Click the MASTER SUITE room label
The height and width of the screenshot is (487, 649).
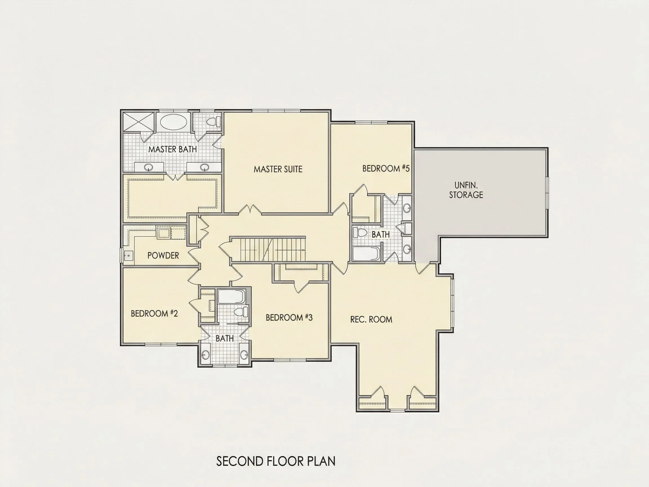278,169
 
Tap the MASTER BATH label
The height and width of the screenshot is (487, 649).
172,149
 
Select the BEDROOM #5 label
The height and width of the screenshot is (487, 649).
386,168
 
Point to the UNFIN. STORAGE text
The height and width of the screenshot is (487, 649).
466,190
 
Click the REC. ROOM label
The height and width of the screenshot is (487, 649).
371,319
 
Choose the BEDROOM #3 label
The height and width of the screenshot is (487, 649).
289,317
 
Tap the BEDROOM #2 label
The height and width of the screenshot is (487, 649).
154,313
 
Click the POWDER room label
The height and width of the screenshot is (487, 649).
163,255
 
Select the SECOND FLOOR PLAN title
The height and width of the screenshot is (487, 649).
276,461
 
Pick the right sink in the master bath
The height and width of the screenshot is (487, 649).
204,168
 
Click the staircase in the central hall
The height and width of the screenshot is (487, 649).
268,249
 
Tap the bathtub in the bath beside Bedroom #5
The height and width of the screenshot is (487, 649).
367,254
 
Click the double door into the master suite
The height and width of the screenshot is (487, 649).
250,209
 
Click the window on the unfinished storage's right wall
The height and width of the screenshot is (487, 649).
547,193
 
